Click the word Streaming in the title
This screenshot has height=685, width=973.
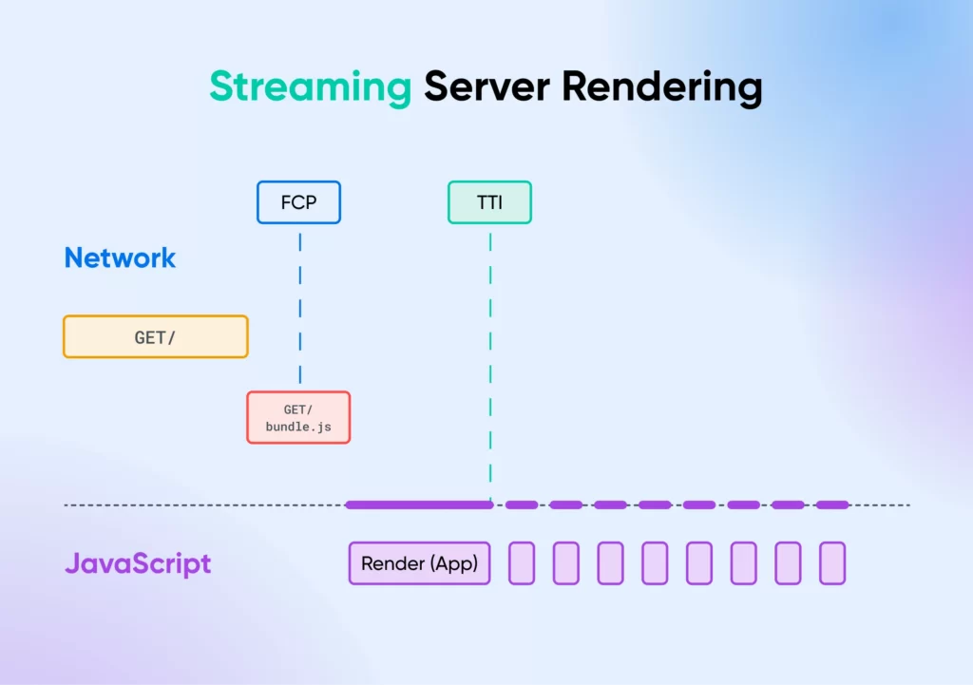tap(310, 87)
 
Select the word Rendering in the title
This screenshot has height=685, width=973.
tap(661, 87)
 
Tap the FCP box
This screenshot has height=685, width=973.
tap(298, 202)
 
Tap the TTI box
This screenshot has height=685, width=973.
tap(489, 202)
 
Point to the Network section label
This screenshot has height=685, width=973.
tap(120, 257)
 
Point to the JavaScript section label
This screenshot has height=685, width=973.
tap(138, 563)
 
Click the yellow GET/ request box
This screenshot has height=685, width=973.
tap(156, 336)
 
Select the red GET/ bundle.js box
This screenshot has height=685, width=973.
tap(298, 417)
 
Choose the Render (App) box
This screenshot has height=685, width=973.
tap(419, 563)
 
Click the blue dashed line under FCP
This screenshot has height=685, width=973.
tap(300, 304)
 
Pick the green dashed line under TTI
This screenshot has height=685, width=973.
tap(490, 361)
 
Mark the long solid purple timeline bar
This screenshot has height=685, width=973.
tap(419, 504)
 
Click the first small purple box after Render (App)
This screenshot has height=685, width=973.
tap(522, 563)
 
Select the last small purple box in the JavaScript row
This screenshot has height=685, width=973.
tap(832, 563)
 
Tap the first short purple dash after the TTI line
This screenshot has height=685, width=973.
tap(522, 504)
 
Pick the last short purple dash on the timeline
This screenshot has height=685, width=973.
tap(832, 504)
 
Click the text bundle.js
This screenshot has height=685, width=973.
tap(298, 427)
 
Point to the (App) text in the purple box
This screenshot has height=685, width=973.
tap(453, 563)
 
